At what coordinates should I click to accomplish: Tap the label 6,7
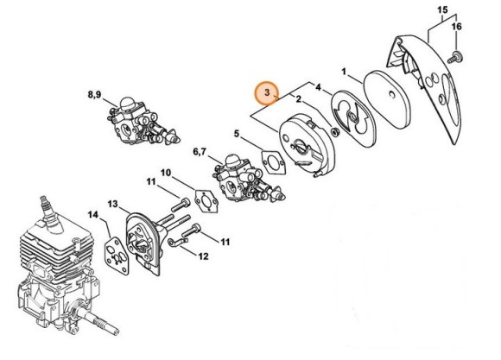pyautogui.click(x=199, y=152)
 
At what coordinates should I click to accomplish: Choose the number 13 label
pyautogui.click(x=113, y=204)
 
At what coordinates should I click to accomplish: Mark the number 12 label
pyautogui.click(x=204, y=256)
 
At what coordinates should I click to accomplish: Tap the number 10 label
pyautogui.click(x=166, y=173)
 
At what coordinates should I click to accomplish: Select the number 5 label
pyautogui.click(x=237, y=133)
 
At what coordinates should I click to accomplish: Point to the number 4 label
pyautogui.click(x=318, y=87)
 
